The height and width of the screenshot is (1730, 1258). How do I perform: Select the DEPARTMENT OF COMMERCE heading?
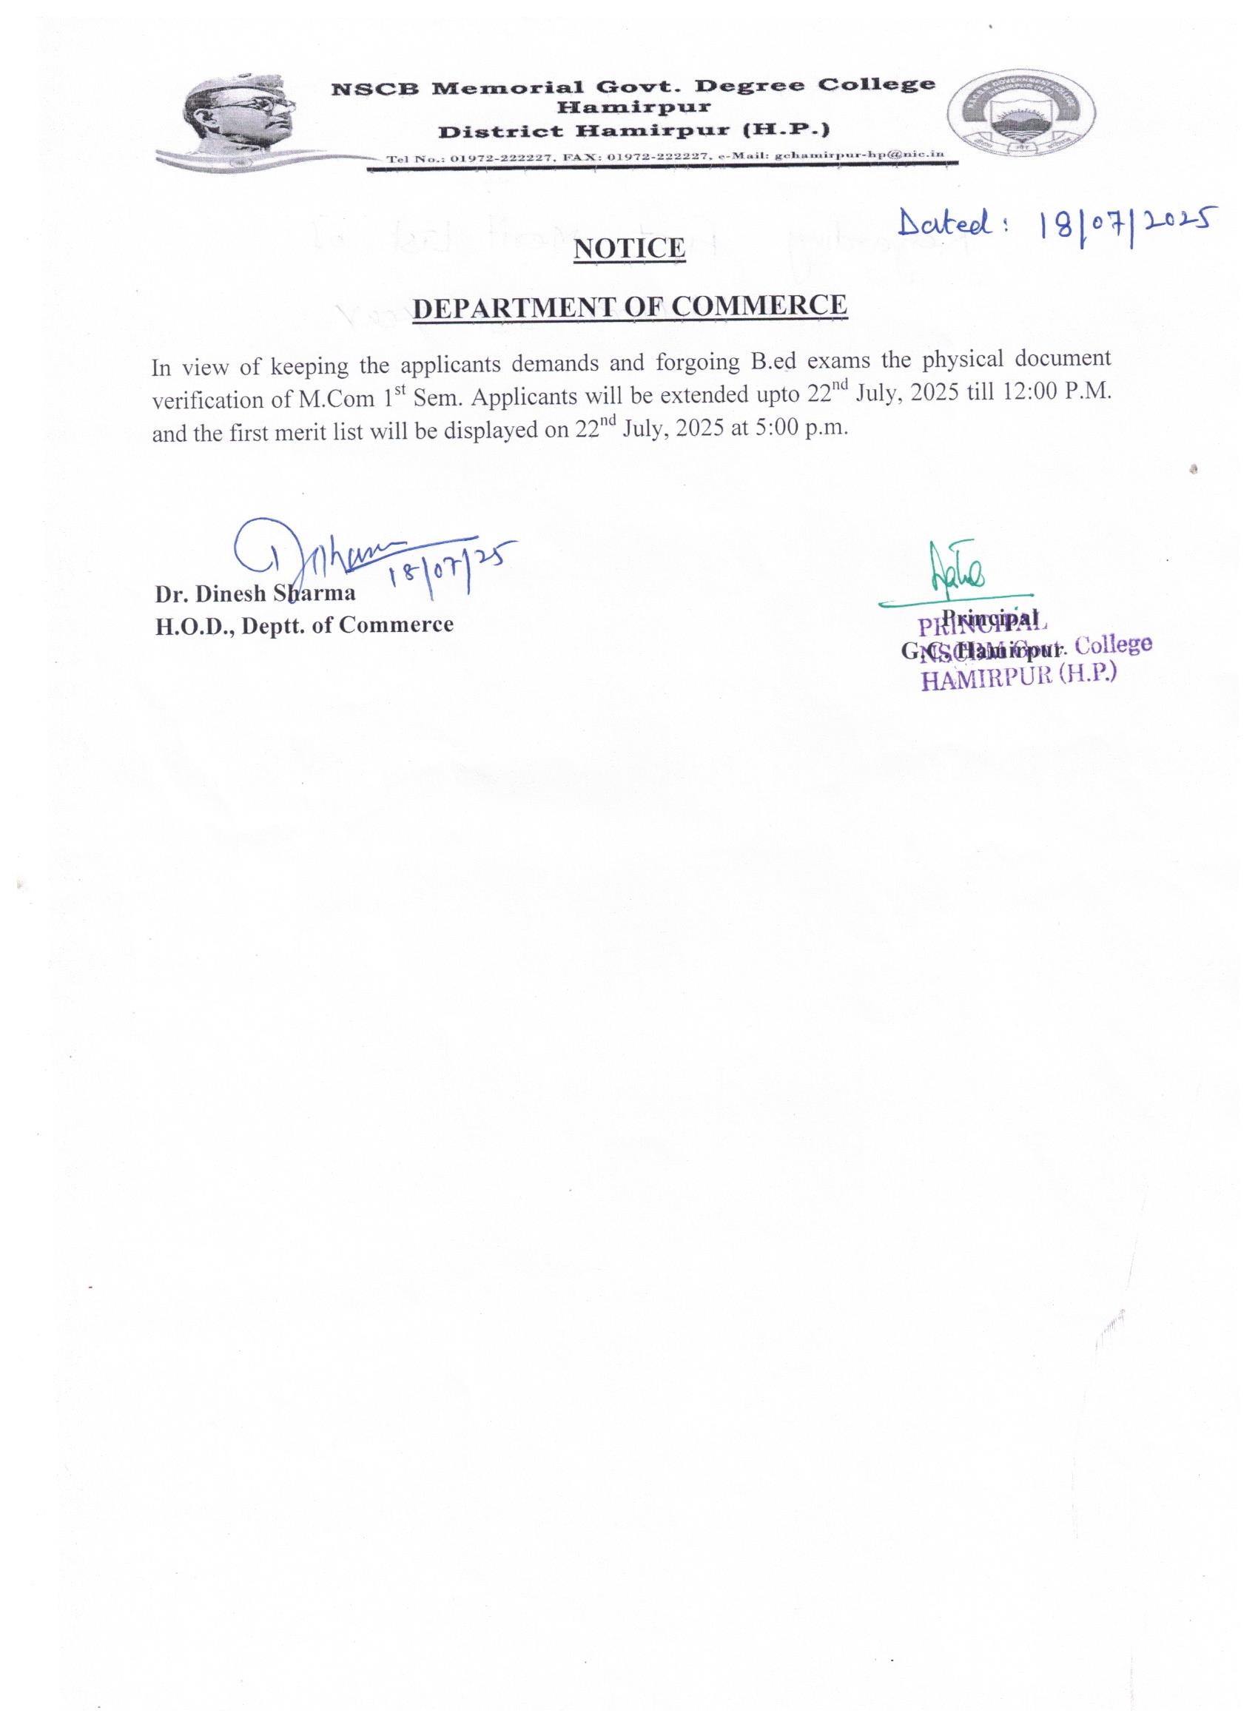coord(630,306)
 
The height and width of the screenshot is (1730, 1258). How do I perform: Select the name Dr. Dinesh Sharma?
coord(255,593)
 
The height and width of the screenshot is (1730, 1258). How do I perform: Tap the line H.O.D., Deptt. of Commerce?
coord(304,625)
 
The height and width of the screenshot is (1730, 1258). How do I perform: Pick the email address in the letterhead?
coord(859,155)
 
